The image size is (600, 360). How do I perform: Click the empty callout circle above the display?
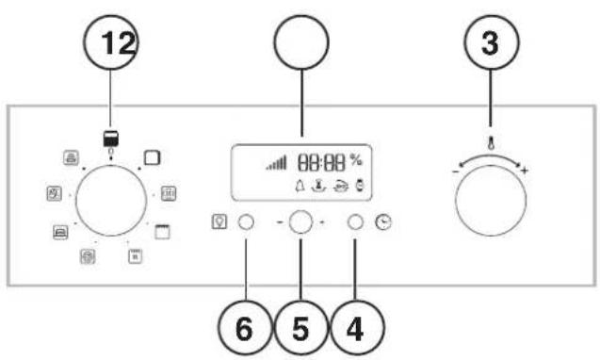coord(300,46)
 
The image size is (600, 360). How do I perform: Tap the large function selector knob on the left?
coord(111,201)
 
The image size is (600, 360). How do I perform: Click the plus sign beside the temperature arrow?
coord(525,171)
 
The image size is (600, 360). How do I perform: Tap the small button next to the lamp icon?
coord(246,223)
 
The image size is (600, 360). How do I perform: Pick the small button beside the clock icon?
coord(356,223)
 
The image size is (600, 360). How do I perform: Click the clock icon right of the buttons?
coord(382,223)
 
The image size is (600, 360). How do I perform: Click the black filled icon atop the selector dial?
coord(111,138)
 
